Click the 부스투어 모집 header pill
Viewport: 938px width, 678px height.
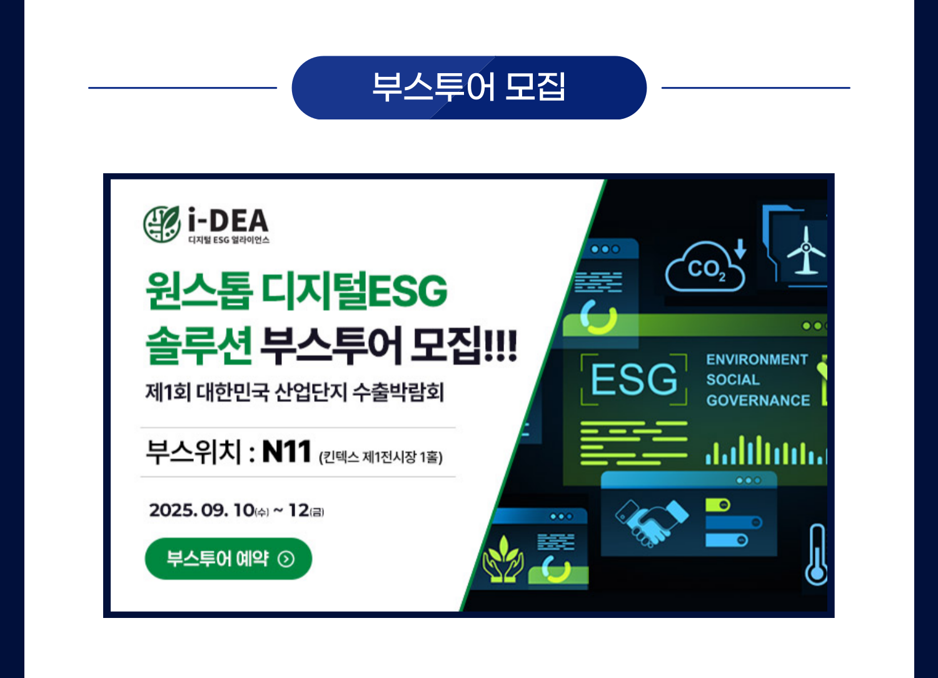click(469, 88)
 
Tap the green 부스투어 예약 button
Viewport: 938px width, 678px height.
click(228, 559)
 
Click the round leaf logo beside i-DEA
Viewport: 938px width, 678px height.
click(161, 224)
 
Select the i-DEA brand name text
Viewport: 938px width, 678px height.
click(228, 220)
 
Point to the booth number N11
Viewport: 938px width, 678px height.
click(286, 452)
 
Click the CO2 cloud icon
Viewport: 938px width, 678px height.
click(705, 267)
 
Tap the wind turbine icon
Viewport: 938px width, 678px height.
click(806, 250)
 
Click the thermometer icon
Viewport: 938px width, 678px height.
click(817, 554)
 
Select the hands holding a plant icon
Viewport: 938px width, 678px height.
click(503, 559)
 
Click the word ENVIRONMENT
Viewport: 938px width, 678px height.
click(757, 359)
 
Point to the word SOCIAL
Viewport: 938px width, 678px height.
click(733, 380)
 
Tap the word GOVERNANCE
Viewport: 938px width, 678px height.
click(759, 400)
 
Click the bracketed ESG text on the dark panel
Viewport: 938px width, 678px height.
click(634, 380)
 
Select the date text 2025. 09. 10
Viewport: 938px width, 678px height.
click(202, 510)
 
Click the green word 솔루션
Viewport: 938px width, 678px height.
click(199, 345)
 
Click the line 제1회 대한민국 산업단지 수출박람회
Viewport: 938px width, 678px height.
click(295, 392)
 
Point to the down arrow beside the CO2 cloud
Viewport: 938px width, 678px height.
click(740, 249)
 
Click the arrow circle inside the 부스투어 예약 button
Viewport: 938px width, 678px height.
click(286, 559)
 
